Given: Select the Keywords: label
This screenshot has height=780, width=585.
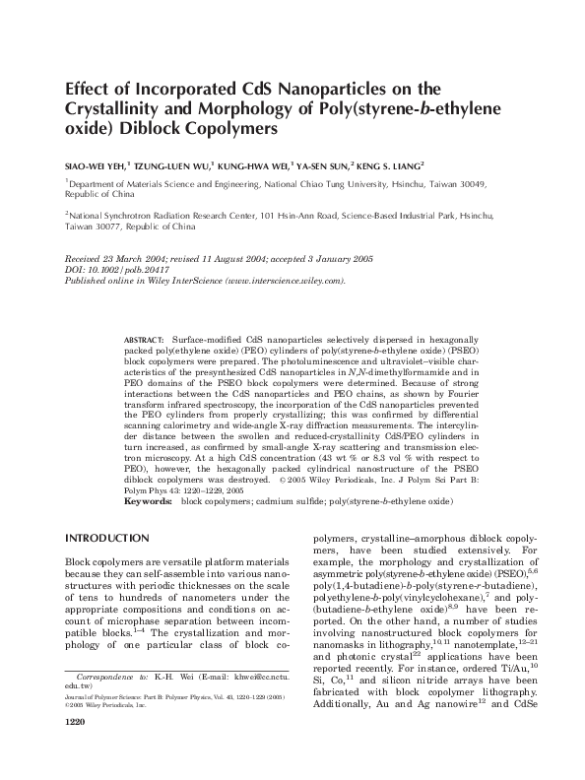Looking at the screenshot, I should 148,502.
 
